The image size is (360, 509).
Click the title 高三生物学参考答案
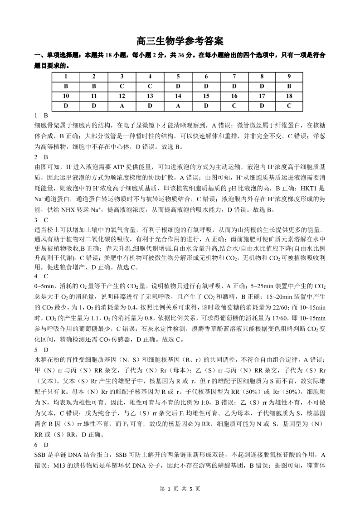180,41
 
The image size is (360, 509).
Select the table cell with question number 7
234,76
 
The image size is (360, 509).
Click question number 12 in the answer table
122,96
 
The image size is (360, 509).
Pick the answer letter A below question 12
122,106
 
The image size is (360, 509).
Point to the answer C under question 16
234,106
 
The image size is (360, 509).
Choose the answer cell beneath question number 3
122,86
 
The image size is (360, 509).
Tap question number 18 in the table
289,96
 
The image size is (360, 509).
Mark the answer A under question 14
178,106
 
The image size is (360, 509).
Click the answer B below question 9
289,86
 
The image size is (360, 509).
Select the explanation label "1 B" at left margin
41,116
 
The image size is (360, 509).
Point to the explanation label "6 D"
41,445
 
